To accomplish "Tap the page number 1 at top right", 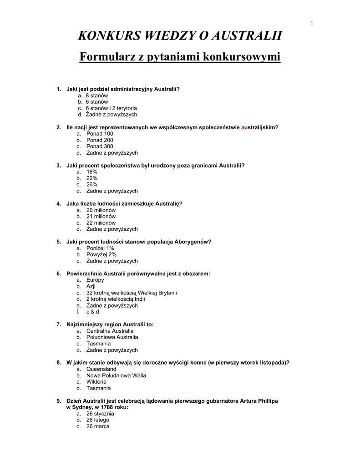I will click(x=312, y=23).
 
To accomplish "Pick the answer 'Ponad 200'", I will click(x=100, y=140).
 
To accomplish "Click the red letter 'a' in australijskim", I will click(x=243, y=127).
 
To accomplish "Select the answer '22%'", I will click(x=92, y=178).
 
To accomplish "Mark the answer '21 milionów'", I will click(x=101, y=217).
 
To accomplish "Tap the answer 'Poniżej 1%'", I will click(x=100, y=248).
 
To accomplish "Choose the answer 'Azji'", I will click(x=91, y=287).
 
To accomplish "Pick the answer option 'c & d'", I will click(x=93, y=312).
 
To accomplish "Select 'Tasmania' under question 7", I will click(x=98, y=344).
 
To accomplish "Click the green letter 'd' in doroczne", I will click(x=144, y=363).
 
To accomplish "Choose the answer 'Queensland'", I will click(x=101, y=369).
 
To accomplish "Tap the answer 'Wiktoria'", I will click(x=96, y=382).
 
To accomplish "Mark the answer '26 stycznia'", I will click(x=100, y=414).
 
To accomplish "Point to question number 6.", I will click(x=59, y=274).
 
